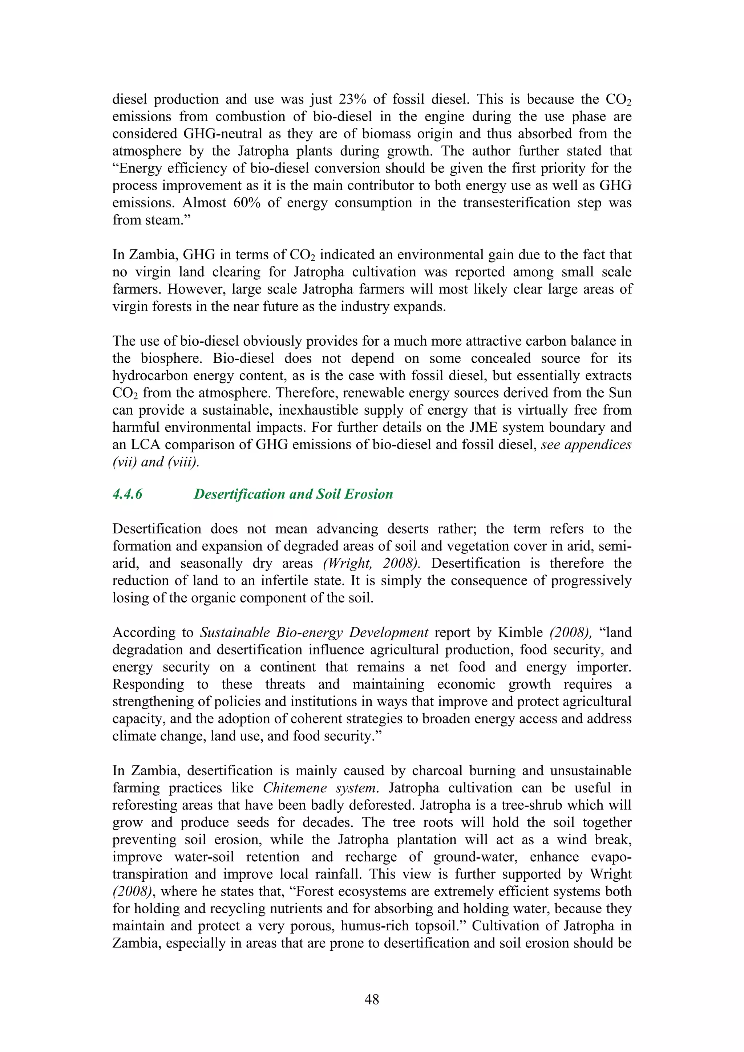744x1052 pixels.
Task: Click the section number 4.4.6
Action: coord(127,494)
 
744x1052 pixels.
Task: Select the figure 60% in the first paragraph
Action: coord(247,203)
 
